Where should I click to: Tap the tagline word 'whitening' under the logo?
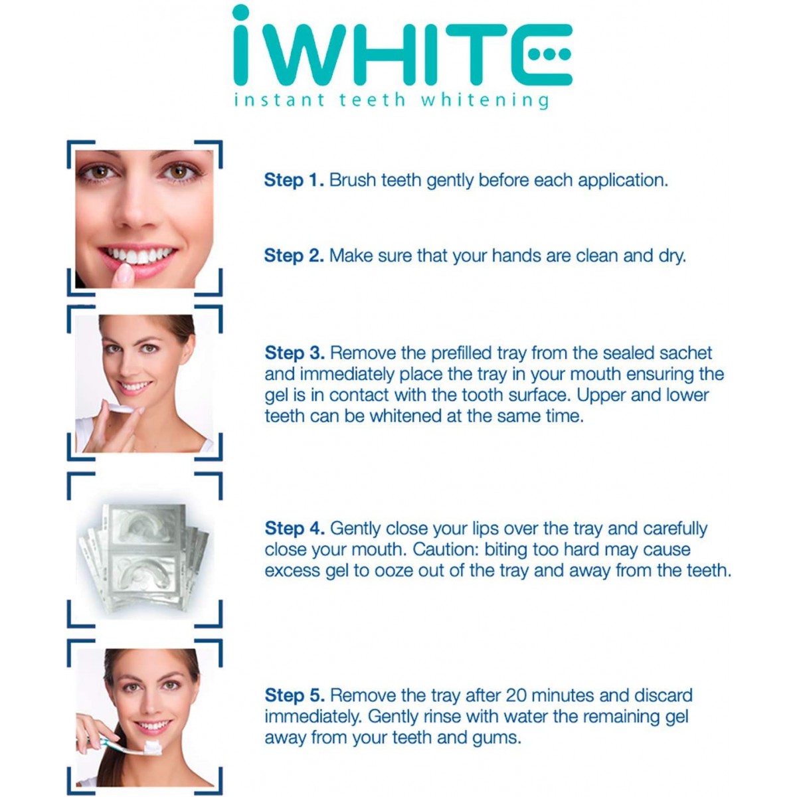[485, 100]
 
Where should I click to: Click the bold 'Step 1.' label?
[294, 181]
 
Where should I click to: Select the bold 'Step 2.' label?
[294, 256]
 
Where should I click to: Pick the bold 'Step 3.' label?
[294, 353]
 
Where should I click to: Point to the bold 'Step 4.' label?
[294, 528]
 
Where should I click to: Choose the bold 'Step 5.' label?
[294, 695]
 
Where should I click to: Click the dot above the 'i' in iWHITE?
[240, 13]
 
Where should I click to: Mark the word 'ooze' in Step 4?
[394, 571]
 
